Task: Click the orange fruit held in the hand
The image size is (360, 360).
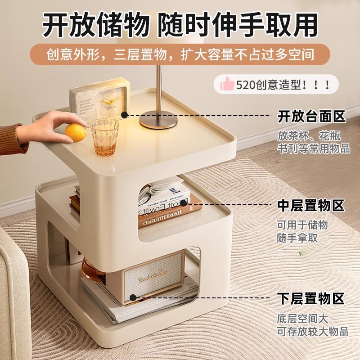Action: point(75,133)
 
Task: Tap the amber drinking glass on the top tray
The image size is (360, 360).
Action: point(105,137)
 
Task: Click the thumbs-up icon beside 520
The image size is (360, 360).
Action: point(227,85)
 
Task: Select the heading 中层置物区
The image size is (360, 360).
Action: point(311,206)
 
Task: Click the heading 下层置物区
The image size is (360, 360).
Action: point(311,298)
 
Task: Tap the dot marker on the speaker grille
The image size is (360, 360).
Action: point(133,297)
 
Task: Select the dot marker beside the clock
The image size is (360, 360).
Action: point(124,115)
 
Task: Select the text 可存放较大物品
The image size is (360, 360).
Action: point(313,332)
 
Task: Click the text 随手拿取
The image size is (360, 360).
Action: point(297,238)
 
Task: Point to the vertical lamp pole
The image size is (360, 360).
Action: point(159,90)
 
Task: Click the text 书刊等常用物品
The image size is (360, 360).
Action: point(314,148)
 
